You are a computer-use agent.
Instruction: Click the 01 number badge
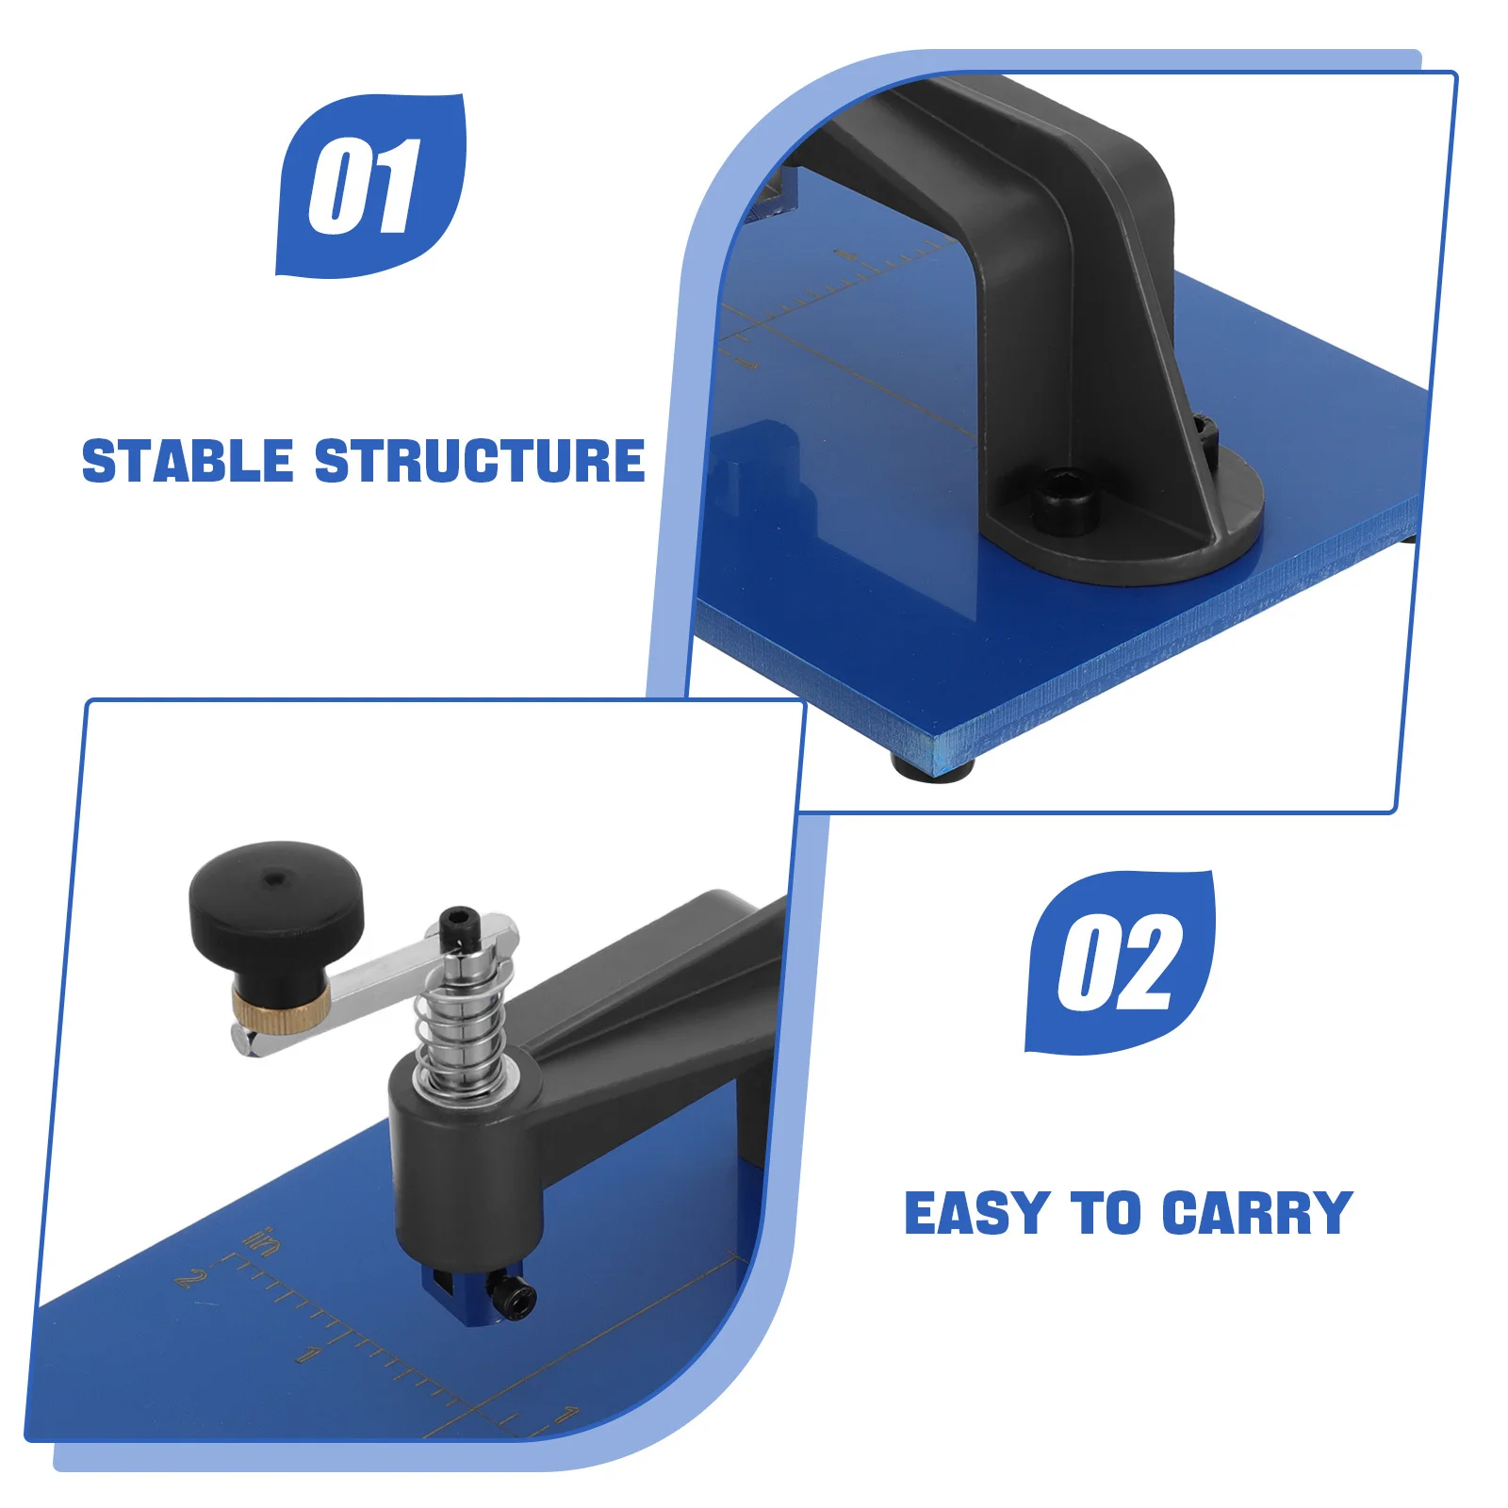click(369, 186)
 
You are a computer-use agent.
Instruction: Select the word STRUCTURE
click(480, 461)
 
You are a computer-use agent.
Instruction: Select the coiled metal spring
click(464, 1027)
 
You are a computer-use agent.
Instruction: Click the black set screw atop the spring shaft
click(458, 924)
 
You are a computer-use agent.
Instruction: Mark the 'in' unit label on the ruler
click(263, 1242)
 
